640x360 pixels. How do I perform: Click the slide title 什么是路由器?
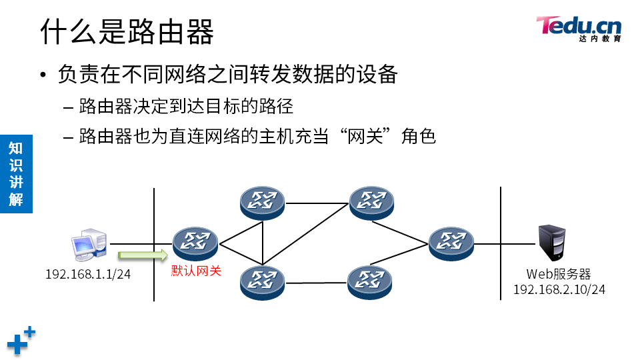pyautogui.click(x=127, y=31)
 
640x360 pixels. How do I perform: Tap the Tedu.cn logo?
pyautogui.click(x=578, y=28)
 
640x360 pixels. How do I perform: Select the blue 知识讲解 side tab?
pyautogui.click(x=15, y=173)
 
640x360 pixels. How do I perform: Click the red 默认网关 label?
pyautogui.click(x=195, y=271)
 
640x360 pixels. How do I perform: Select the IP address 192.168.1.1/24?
pyautogui.click(x=88, y=274)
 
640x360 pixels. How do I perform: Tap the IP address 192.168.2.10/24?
pyautogui.click(x=559, y=289)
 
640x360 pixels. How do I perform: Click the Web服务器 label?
pyautogui.click(x=559, y=274)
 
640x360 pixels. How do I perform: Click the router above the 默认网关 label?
pyautogui.click(x=195, y=243)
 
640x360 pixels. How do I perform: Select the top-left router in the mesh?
pyautogui.click(x=263, y=203)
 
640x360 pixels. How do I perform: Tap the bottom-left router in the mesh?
pyautogui.click(x=263, y=282)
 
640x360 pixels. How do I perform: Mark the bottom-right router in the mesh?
pyautogui.click(x=369, y=283)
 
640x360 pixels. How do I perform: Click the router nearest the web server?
pyautogui.click(x=451, y=243)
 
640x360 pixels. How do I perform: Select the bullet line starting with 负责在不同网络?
pyautogui.click(x=227, y=73)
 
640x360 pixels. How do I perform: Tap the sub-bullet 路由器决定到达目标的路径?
pyautogui.click(x=186, y=106)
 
